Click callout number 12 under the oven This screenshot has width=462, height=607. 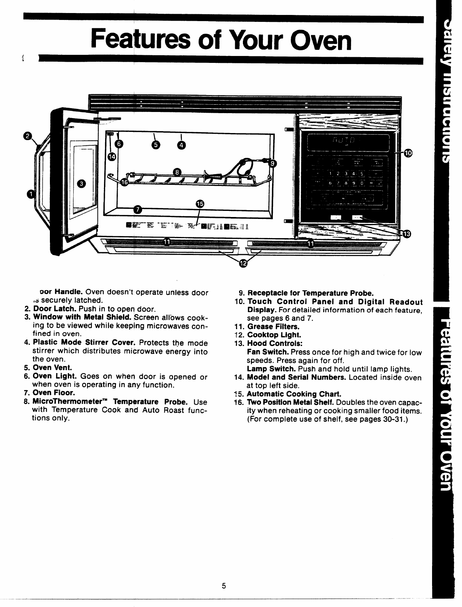click(243, 263)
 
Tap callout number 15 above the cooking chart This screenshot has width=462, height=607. click(200, 204)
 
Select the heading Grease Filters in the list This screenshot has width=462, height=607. click(273, 327)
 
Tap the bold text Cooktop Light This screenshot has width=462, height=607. click(274, 335)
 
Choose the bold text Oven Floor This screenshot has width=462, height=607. click(53, 393)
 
